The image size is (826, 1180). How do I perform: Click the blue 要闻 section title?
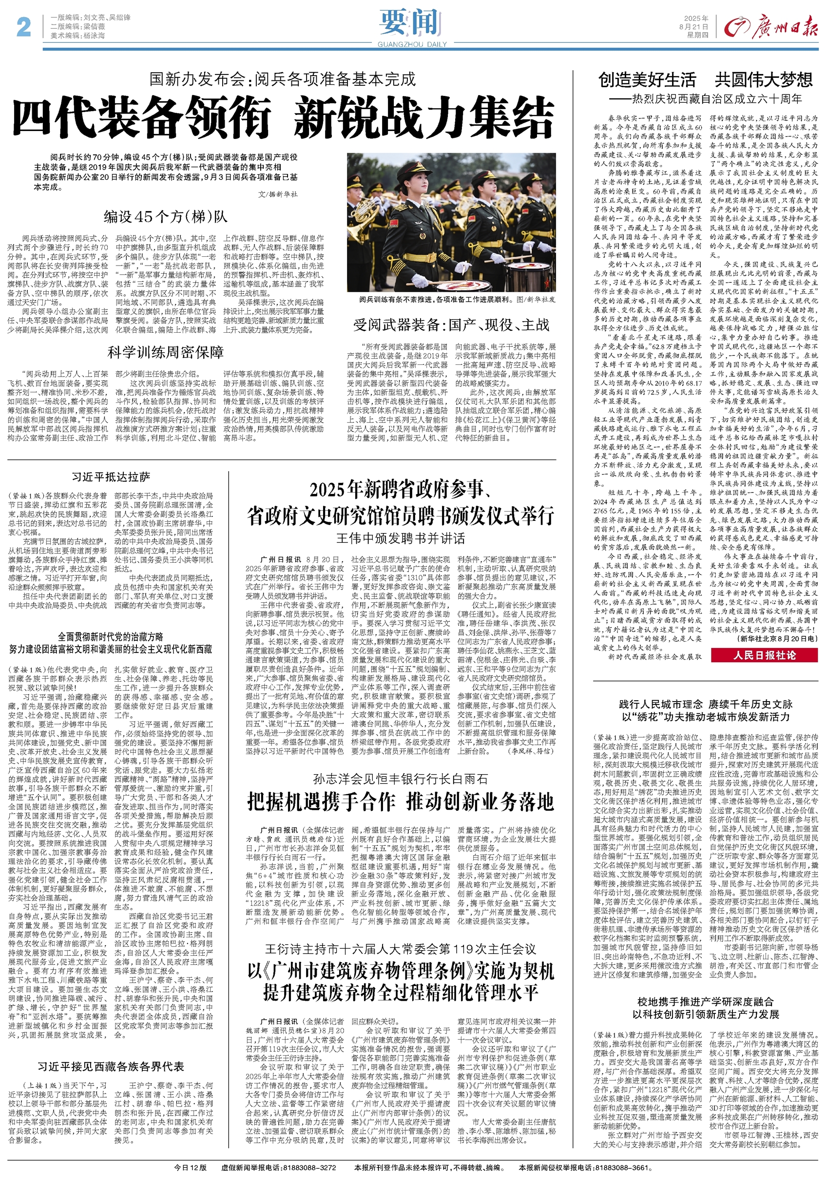pyautogui.click(x=411, y=22)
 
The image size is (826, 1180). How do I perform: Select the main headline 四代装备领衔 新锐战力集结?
pyautogui.click(x=283, y=117)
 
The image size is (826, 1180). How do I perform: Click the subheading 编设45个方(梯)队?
pyautogui.click(x=165, y=217)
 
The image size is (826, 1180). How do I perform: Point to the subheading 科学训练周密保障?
pyautogui.click(x=165, y=353)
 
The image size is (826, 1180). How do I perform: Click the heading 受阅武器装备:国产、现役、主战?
pyautogui.click(x=451, y=325)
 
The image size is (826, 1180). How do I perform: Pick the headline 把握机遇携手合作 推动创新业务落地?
pyautogui.click(x=401, y=802)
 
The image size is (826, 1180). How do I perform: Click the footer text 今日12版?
pyautogui.click(x=190, y=1167)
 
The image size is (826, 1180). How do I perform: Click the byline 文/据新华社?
pyautogui.click(x=278, y=194)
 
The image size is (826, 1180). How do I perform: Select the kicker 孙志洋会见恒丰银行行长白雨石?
pyautogui.click(x=401, y=779)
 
